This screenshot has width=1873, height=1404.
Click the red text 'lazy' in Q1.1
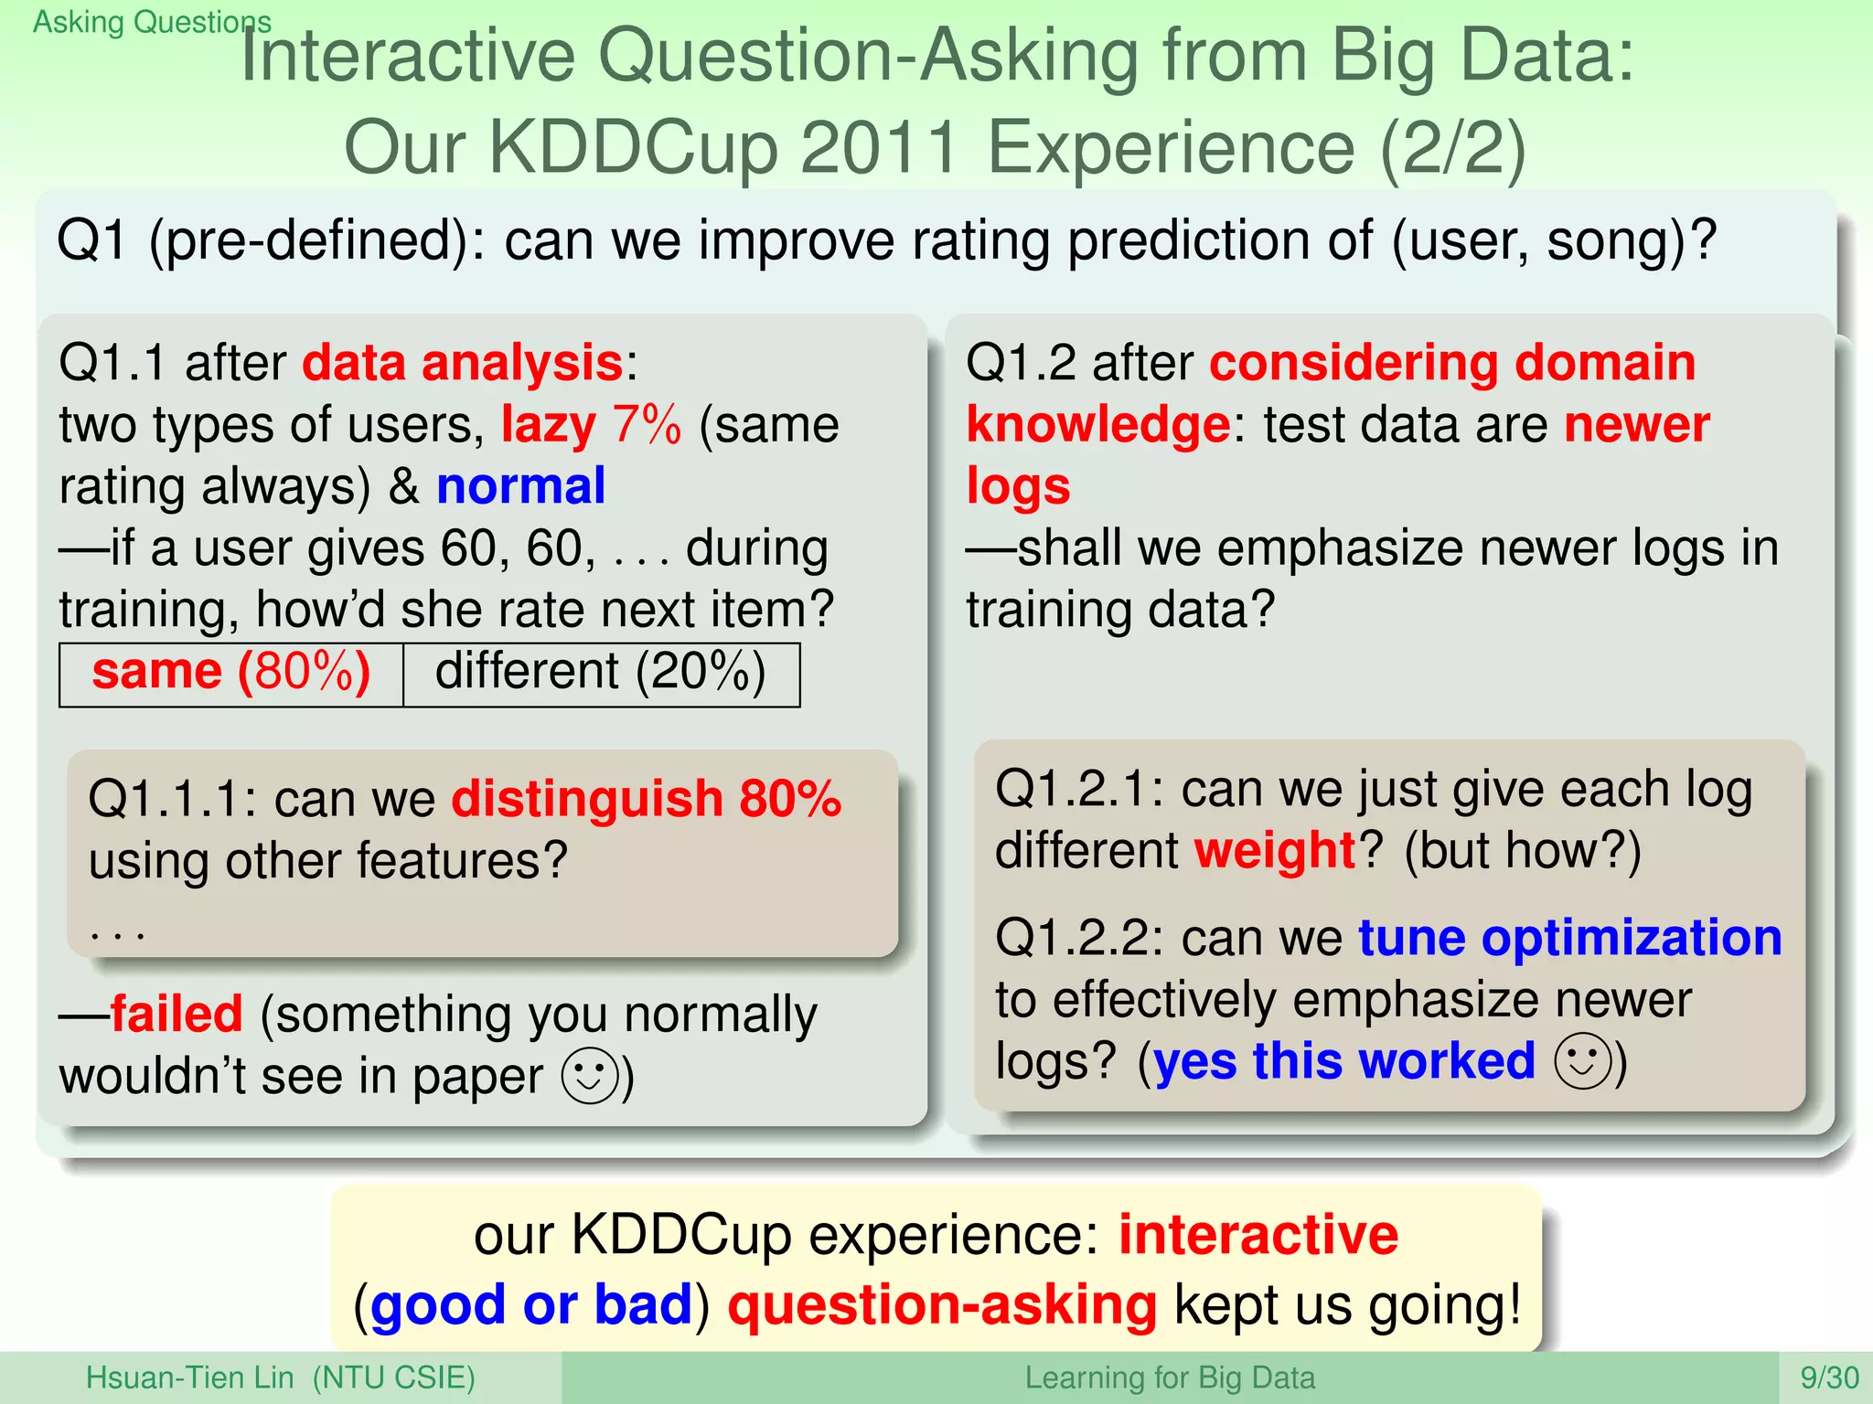pos(548,425)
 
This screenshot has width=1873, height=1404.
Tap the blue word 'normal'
pos(520,485)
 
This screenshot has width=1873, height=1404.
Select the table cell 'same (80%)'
pos(231,673)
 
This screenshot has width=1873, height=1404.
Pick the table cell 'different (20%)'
pos(600,673)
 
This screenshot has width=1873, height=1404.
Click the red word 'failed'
pos(177,1015)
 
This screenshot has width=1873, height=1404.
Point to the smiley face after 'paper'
pos(589,1075)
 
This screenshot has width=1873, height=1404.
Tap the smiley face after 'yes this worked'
pos(1582,1061)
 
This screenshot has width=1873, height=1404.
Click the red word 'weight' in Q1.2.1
pos(1275,850)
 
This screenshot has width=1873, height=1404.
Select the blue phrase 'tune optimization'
pos(1569,938)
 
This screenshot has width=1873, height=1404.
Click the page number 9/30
pos(1829,1377)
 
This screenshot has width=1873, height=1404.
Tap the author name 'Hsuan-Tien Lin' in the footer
pos(189,1377)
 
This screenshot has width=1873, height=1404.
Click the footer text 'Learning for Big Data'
pos(1169,1377)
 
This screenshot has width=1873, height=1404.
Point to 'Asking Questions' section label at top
pos(152,21)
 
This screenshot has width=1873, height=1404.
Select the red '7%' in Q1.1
pos(647,425)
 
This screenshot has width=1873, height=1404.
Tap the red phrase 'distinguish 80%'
pos(646,799)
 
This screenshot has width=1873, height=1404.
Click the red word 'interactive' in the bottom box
pos(1258,1235)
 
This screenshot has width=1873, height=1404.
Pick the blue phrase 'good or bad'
pos(531,1304)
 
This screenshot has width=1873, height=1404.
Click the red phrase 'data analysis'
pos(463,363)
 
